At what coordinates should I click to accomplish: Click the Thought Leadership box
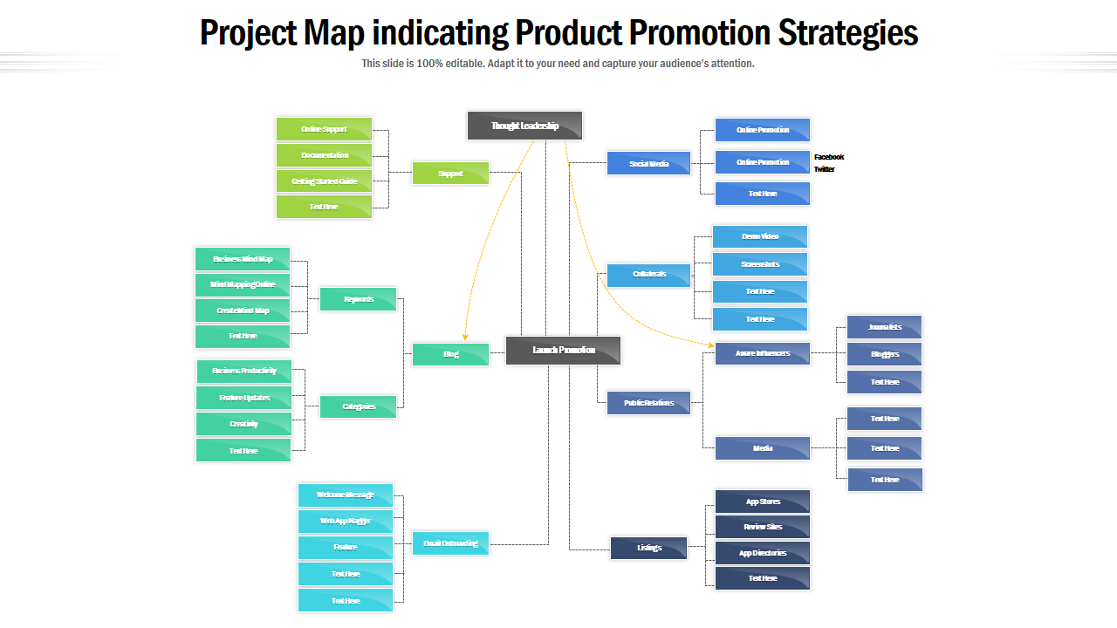click(x=524, y=126)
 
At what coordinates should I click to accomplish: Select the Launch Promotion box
click(x=564, y=350)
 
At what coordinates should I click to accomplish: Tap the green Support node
click(x=450, y=174)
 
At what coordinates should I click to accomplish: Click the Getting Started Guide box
click(x=324, y=181)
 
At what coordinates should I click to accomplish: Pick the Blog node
click(x=450, y=354)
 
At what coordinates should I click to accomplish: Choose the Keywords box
click(x=358, y=299)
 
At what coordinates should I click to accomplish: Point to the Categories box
click(x=358, y=406)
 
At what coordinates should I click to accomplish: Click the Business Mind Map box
click(x=242, y=259)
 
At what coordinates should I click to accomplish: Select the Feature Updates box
click(x=243, y=398)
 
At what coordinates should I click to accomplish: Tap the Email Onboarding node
click(x=450, y=543)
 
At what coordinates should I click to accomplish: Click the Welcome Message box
click(x=345, y=495)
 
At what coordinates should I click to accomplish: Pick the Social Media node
click(x=648, y=163)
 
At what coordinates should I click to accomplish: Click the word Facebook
click(x=829, y=157)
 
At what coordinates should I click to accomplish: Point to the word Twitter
click(x=825, y=169)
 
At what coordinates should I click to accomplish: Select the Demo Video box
click(x=759, y=236)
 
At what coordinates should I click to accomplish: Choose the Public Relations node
click(x=648, y=403)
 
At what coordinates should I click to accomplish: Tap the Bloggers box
click(x=884, y=354)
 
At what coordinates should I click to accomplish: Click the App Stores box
click(x=762, y=502)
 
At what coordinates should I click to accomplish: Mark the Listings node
click(x=648, y=548)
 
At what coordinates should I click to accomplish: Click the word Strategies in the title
click(x=847, y=33)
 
